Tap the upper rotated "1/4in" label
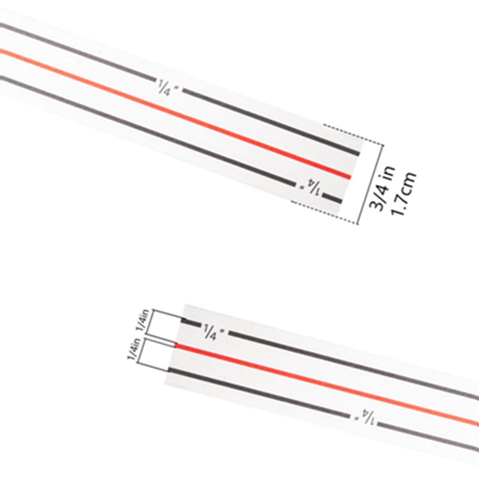(x=143, y=320)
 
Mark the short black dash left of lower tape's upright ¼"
(x=191, y=322)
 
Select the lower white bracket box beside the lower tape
(x=156, y=356)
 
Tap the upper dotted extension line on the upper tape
(x=353, y=134)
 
